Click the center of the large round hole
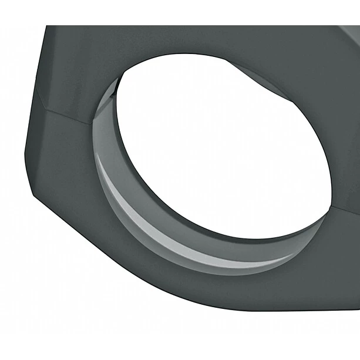223,147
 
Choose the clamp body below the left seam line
59,153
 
